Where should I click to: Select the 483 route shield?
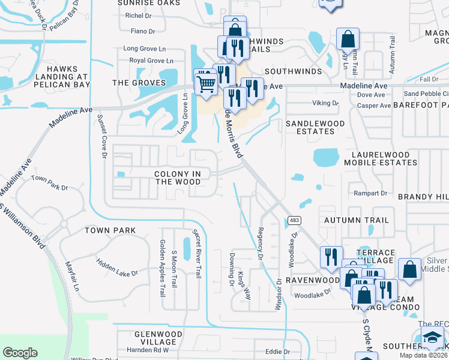[x=294, y=220]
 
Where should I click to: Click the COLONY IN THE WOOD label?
[x=181, y=178]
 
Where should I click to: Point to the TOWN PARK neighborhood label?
[x=110, y=230]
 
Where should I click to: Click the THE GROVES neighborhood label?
[x=139, y=83]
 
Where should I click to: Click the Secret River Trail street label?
[x=196, y=253]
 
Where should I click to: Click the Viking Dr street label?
[x=326, y=103]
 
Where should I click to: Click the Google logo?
[x=20, y=353]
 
